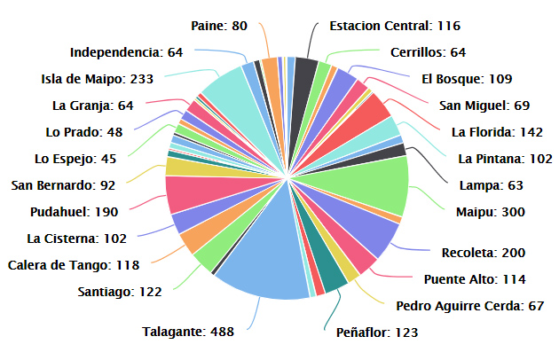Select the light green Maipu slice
pyautogui.click(x=364, y=182)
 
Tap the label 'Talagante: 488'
pyautogui.click(x=187, y=333)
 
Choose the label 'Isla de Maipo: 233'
pyautogui.click(x=97, y=79)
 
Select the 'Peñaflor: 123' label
pyautogui.click(x=377, y=333)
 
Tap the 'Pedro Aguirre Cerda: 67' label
pyautogui.click(x=469, y=306)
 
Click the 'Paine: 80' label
pyautogui.click(x=219, y=26)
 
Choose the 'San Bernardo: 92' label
pyautogui.click(x=64, y=185)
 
